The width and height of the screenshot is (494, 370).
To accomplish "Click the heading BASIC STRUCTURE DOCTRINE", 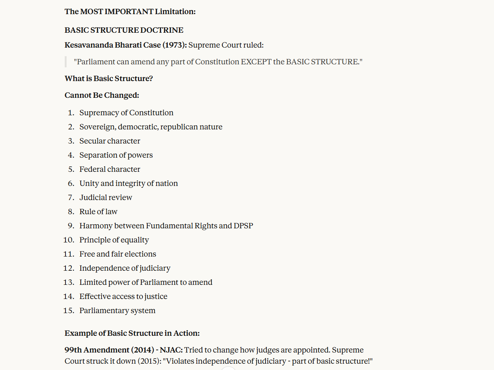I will pyautogui.click(x=124, y=30).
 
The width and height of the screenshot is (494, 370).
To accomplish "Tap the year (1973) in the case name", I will pyautogui.click(x=174, y=45).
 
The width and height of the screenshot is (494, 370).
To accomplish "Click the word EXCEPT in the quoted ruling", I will pyautogui.click(x=256, y=62).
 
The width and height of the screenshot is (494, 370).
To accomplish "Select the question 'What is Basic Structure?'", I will pyautogui.click(x=109, y=78).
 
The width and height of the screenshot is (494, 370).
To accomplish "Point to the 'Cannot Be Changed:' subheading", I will pyautogui.click(x=102, y=95).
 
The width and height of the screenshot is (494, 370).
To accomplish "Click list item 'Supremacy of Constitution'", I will pyautogui.click(x=126, y=113).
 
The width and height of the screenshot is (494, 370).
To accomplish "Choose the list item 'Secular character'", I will pyautogui.click(x=110, y=141).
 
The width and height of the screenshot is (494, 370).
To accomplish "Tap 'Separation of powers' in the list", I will pyautogui.click(x=116, y=155).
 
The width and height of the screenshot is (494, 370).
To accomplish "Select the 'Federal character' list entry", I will pyautogui.click(x=110, y=169).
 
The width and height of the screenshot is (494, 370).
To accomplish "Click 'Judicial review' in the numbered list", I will pyautogui.click(x=106, y=197).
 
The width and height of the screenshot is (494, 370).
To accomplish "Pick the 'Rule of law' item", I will pyautogui.click(x=98, y=212).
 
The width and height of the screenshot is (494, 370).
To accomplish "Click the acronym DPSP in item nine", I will pyautogui.click(x=243, y=226).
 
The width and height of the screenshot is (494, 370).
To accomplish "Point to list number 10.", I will pyautogui.click(x=68, y=240).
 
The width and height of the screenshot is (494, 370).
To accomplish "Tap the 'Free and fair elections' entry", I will pyautogui.click(x=118, y=254).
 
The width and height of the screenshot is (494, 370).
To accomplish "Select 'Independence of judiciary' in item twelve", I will pyautogui.click(x=125, y=268).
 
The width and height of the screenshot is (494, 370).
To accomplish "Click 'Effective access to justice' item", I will pyautogui.click(x=123, y=296).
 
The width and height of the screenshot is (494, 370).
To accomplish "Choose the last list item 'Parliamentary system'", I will pyautogui.click(x=117, y=311).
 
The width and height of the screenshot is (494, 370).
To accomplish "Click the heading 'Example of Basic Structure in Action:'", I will pyautogui.click(x=132, y=333).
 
